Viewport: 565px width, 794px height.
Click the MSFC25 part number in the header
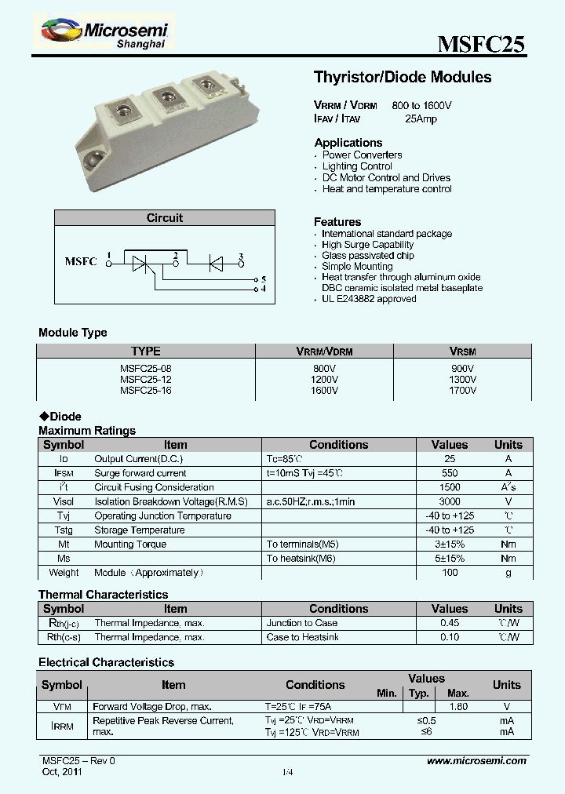[x=480, y=45]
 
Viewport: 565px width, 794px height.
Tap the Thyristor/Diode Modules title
[x=403, y=77]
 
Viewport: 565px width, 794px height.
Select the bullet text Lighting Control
[x=357, y=166]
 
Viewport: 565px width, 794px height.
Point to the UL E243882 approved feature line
[x=369, y=299]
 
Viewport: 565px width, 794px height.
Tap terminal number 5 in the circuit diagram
[x=264, y=279]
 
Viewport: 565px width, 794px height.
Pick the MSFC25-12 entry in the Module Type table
[x=146, y=379]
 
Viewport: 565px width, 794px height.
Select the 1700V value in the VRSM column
[x=462, y=389]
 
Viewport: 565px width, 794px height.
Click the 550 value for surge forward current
[x=450, y=473]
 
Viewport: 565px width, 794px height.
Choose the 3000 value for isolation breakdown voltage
[x=450, y=501]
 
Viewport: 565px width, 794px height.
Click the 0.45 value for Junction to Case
[x=450, y=623]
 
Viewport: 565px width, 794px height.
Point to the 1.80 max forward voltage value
[x=457, y=706]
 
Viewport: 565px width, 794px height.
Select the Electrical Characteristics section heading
[x=106, y=662]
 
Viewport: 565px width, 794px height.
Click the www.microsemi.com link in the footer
[x=476, y=761]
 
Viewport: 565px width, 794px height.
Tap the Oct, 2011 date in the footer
[x=61, y=772]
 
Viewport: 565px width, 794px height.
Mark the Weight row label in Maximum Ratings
[x=64, y=573]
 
